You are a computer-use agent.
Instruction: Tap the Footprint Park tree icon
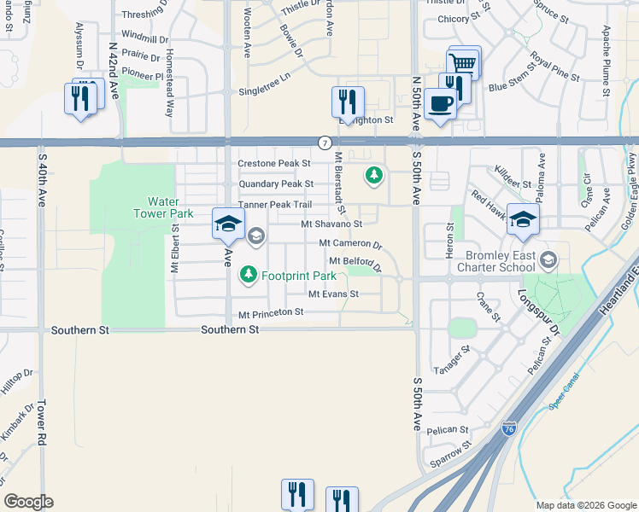pos(248,275)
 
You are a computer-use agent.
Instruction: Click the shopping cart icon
pos(463,61)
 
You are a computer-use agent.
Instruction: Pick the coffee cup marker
pos(440,104)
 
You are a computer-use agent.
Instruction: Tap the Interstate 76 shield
pos(509,429)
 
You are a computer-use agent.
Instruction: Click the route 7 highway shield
pos(324,142)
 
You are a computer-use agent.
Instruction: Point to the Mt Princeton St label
pos(271,313)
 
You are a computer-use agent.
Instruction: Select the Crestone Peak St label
pos(273,163)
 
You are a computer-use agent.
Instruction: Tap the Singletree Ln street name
pos(265,90)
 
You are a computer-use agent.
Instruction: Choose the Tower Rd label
pos(39,409)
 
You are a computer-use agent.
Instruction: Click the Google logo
pos(29,502)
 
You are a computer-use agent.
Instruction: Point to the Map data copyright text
pos(585,505)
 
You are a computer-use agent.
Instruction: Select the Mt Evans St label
pos(333,294)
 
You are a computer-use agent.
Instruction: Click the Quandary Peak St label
pos(277,183)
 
